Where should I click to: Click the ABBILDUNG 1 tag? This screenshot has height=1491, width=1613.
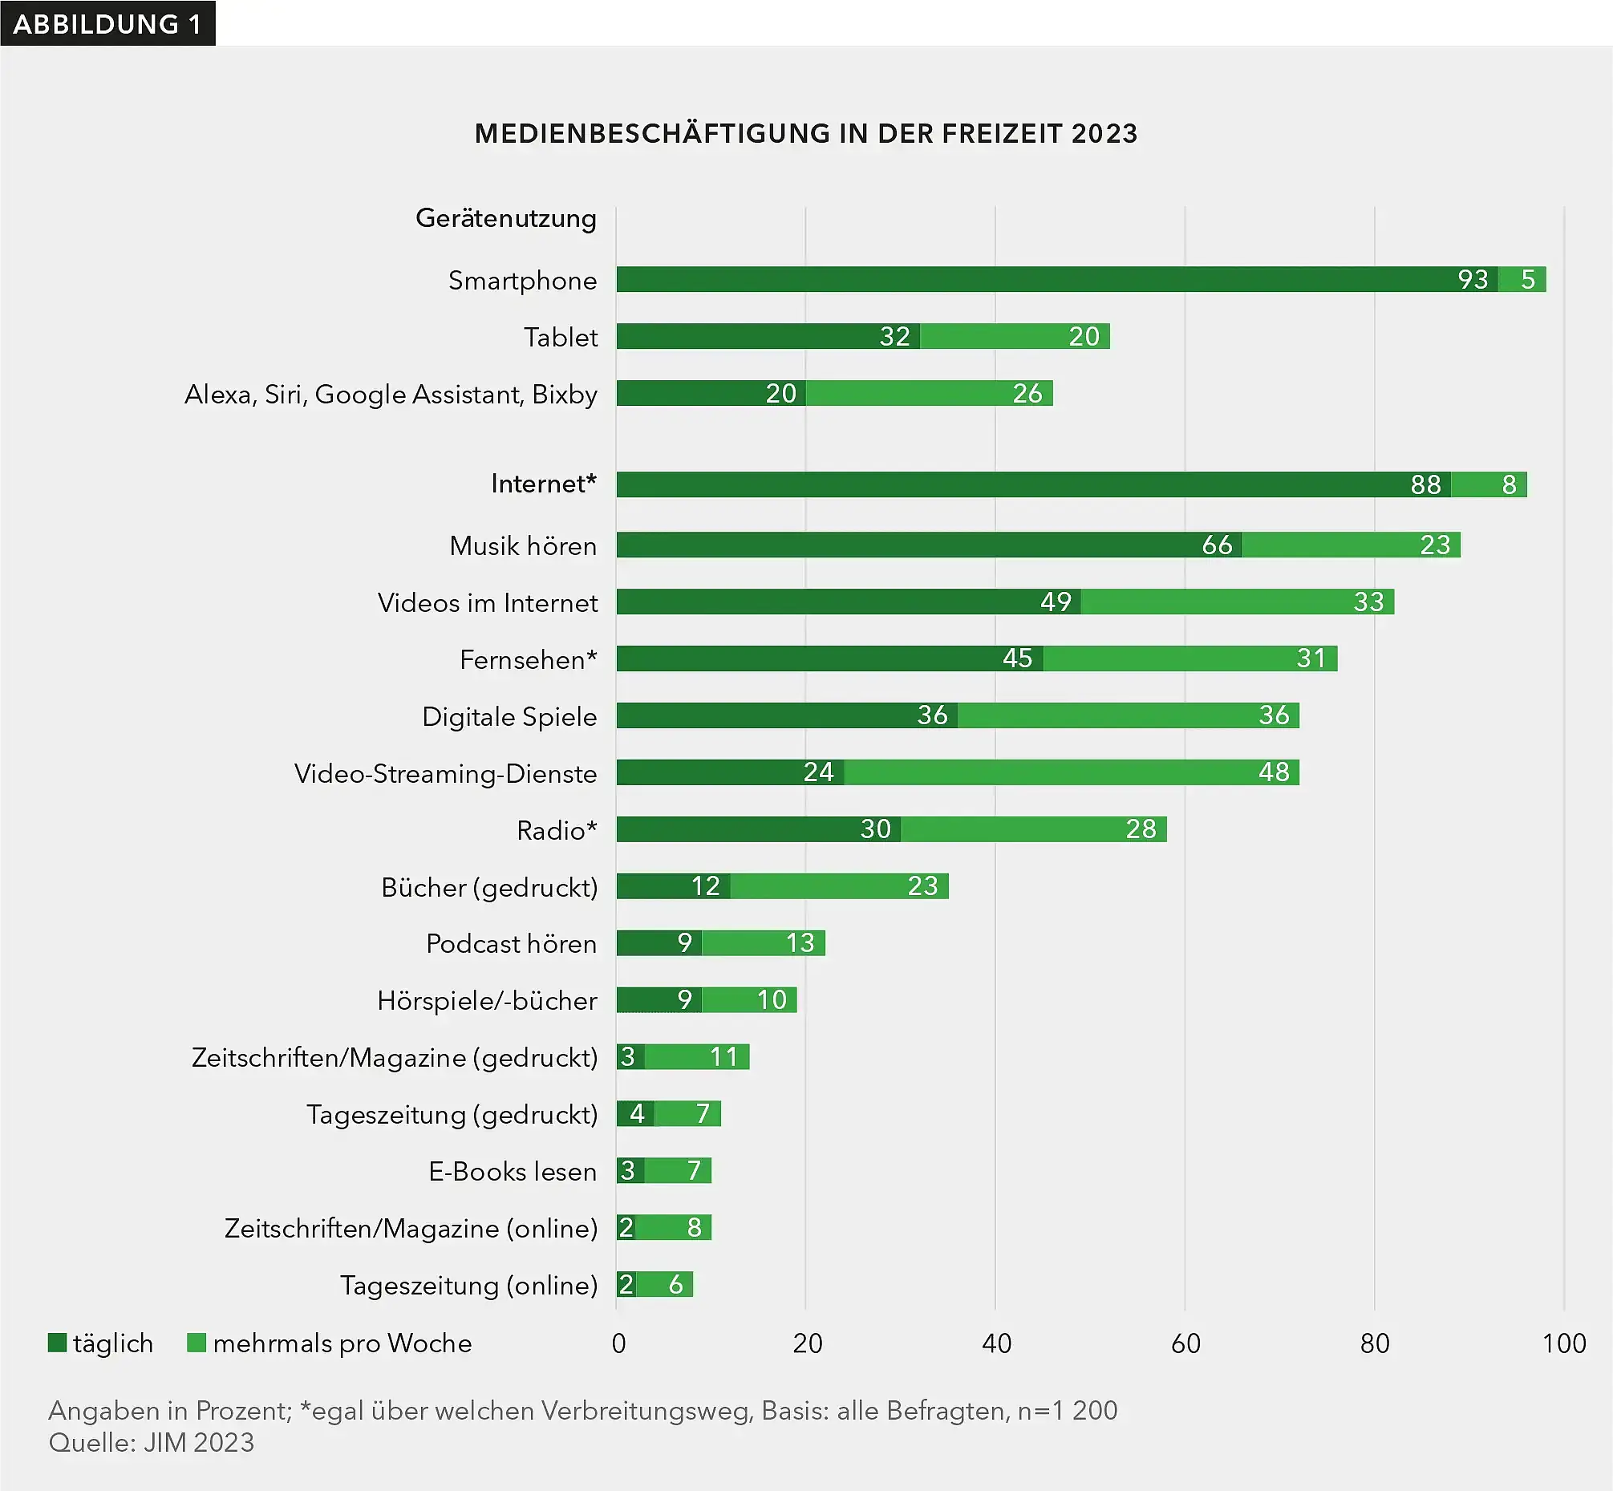tap(107, 23)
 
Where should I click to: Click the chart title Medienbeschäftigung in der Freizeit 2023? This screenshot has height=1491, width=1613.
tap(805, 133)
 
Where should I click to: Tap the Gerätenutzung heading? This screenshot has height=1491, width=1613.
tap(506, 218)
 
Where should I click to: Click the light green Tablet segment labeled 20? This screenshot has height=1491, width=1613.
tap(1015, 336)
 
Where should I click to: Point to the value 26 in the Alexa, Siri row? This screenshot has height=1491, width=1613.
tap(1027, 394)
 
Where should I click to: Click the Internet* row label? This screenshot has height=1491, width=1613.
tap(543, 484)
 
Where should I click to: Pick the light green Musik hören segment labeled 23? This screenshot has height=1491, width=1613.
tap(1351, 545)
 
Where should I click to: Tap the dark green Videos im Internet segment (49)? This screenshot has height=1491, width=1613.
tap(849, 602)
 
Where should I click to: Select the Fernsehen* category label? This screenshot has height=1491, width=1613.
tap(528, 660)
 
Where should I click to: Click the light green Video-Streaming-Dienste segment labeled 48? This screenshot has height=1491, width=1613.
tap(1072, 772)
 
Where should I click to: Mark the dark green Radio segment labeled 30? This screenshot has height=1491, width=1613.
tap(759, 829)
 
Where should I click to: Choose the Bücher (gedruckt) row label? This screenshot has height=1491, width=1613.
tap(489, 888)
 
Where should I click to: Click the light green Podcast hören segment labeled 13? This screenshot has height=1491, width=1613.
tap(764, 943)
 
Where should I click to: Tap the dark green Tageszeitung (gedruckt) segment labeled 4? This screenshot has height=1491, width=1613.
tap(636, 1114)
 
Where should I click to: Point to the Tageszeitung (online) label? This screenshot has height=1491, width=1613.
tap(468, 1285)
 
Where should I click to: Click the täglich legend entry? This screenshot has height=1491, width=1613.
tap(101, 1343)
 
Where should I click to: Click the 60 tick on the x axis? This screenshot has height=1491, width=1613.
tap(1185, 1344)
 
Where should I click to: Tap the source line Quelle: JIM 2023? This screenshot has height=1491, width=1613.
tap(152, 1443)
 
